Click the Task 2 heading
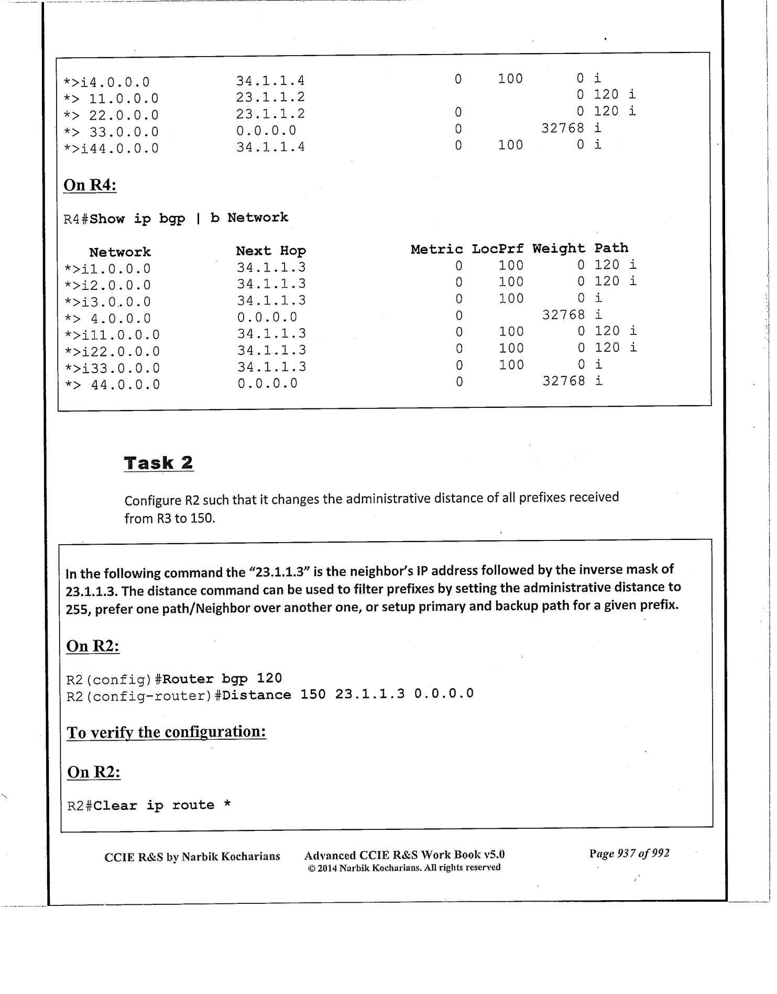[x=158, y=463]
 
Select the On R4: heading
[x=90, y=185]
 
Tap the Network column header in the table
[x=119, y=252]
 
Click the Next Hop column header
[x=270, y=251]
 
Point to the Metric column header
[x=436, y=249]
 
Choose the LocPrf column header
[x=497, y=249]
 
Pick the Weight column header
[x=559, y=248]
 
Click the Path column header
[x=611, y=248]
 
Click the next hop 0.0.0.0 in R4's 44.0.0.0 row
[x=267, y=383]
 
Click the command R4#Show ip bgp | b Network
[x=176, y=218]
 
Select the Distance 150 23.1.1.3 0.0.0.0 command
[x=347, y=695]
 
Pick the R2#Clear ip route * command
[x=149, y=805]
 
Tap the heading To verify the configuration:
[x=167, y=732]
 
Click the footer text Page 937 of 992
[x=629, y=853]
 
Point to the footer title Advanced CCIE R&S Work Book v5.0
[x=404, y=856]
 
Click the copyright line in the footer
[x=404, y=868]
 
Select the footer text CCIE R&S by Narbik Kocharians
[x=192, y=857]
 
